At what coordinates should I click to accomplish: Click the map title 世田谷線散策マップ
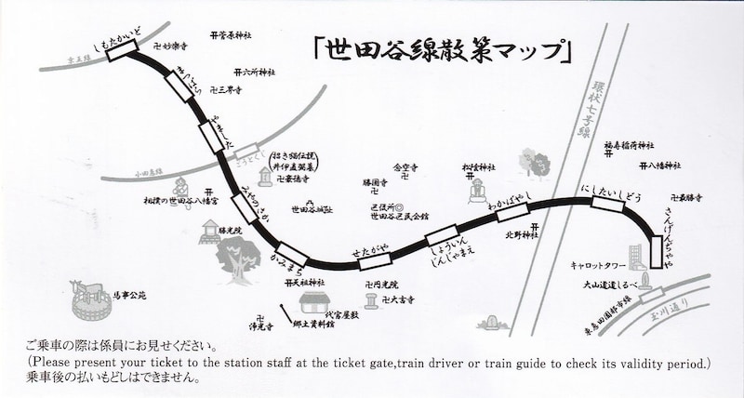tap(443, 51)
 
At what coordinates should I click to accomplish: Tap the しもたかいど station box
tap(123, 51)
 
